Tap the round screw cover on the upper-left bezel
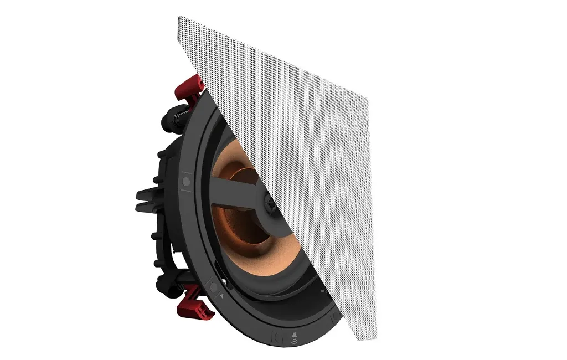click(186, 181)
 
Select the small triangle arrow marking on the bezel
click(223, 296)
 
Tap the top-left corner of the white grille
click(179, 18)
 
